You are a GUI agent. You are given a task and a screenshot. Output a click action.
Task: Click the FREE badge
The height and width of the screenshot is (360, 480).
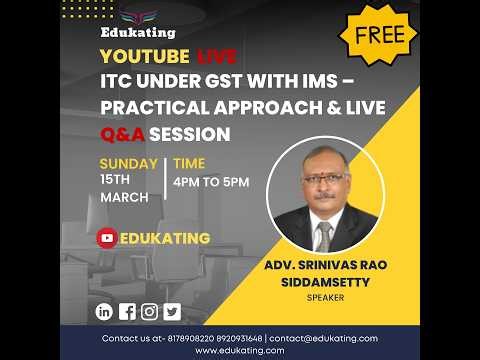coord(379,35)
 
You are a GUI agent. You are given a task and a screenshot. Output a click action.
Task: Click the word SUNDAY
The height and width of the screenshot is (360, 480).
coord(128,164)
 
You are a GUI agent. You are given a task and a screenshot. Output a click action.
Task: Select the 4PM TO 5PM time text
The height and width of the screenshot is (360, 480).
coord(211,181)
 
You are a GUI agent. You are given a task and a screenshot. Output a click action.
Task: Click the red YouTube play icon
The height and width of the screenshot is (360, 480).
coord(107,238)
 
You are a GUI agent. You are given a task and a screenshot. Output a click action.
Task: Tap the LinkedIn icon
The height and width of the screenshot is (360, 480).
coord(105,311)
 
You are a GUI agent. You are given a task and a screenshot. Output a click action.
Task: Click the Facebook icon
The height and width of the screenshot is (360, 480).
coord(127,311)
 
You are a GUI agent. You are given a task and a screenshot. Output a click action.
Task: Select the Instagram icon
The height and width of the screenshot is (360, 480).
coord(150,311)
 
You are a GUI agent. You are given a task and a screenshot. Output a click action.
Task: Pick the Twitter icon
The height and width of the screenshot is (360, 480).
coord(172,311)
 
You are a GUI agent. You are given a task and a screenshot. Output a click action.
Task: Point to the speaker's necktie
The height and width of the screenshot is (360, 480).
coord(324,236)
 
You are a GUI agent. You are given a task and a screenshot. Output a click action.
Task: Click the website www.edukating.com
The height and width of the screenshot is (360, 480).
coord(240,350)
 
